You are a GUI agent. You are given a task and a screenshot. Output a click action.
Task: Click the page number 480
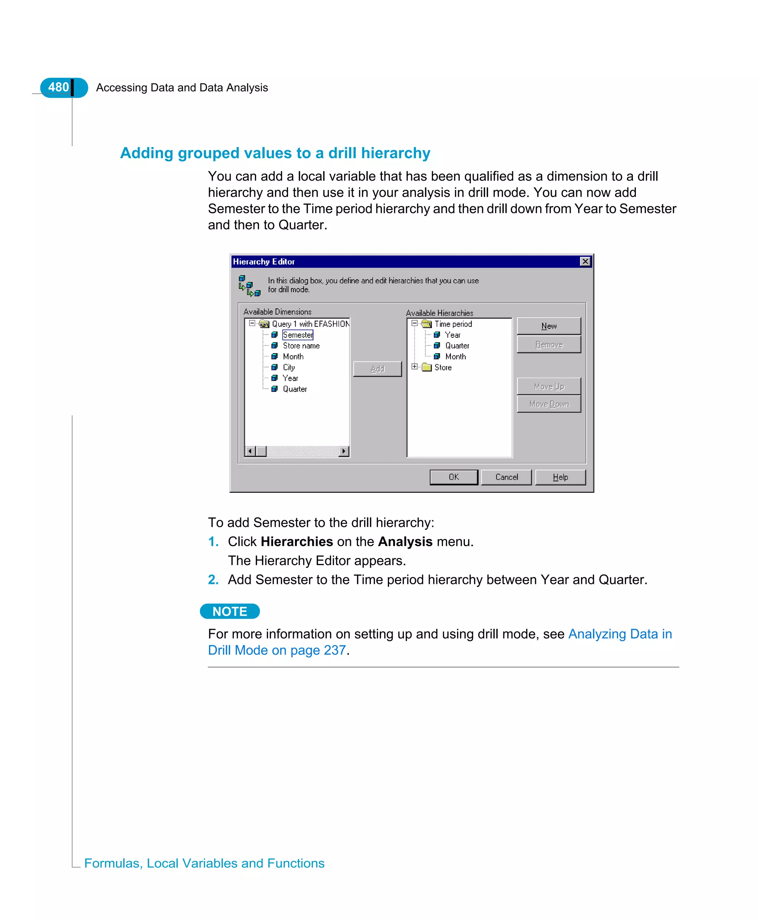58,87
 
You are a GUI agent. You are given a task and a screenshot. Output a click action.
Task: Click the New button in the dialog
549,326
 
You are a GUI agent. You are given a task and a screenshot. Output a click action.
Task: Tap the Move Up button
549,386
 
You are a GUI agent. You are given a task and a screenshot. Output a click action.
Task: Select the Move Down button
549,404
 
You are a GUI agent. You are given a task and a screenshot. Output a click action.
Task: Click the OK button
453,477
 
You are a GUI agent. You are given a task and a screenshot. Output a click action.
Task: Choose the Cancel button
506,477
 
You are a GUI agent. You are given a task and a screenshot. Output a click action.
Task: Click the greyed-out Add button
377,369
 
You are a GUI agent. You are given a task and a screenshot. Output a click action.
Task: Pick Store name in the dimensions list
301,345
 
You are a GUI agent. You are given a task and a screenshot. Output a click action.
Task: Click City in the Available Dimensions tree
289,367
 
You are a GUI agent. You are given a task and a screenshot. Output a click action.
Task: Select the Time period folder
453,324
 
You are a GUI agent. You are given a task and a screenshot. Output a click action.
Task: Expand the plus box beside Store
415,367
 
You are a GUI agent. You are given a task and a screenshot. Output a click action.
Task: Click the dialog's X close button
585,261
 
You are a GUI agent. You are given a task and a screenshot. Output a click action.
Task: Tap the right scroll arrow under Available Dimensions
343,451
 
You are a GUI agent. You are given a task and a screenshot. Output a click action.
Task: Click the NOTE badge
230,611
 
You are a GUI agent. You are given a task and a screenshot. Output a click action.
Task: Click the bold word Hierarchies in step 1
296,542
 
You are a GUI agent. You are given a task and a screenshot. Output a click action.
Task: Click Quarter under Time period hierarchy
457,345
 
